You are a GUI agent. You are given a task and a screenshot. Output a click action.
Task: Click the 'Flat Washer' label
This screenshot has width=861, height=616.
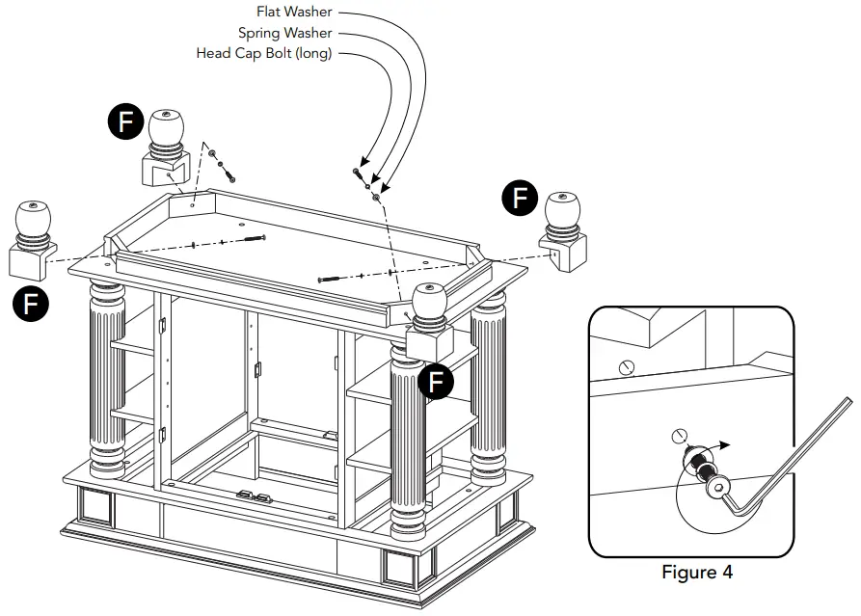click(293, 13)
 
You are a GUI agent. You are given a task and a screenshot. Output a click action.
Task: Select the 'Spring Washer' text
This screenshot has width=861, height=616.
click(284, 34)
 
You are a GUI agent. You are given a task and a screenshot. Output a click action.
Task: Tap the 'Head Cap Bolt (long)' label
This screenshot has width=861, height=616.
click(264, 54)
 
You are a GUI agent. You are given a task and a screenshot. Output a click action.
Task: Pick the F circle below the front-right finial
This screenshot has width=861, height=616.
click(437, 382)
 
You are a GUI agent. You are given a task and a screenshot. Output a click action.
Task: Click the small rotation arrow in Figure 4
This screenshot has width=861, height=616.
click(714, 446)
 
